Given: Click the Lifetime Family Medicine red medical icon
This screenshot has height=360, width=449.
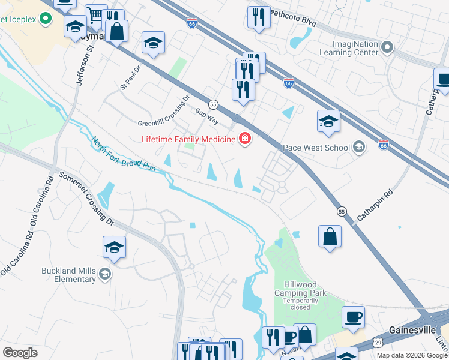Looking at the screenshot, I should pyautogui.click(x=244, y=139).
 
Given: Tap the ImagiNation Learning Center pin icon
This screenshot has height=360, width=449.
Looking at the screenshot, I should pyautogui.click(x=388, y=47).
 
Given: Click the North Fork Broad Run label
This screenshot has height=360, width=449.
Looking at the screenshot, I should pyautogui.click(x=123, y=155).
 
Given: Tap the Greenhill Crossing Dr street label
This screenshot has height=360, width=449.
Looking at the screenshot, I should pyautogui.click(x=163, y=109).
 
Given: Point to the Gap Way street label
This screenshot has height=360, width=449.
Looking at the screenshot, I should pyautogui.click(x=206, y=116).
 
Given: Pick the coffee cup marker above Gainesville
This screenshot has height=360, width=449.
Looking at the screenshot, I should pyautogui.click(x=353, y=316).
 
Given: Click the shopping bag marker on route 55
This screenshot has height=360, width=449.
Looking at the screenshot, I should pyautogui.click(x=330, y=236).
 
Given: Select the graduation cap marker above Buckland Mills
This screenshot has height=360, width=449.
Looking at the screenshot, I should pyautogui.click(x=114, y=247).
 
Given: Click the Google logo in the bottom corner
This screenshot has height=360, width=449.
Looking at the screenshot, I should pyautogui.click(x=20, y=353).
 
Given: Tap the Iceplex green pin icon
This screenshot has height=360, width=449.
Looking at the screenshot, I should pyautogui.click(x=45, y=20).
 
